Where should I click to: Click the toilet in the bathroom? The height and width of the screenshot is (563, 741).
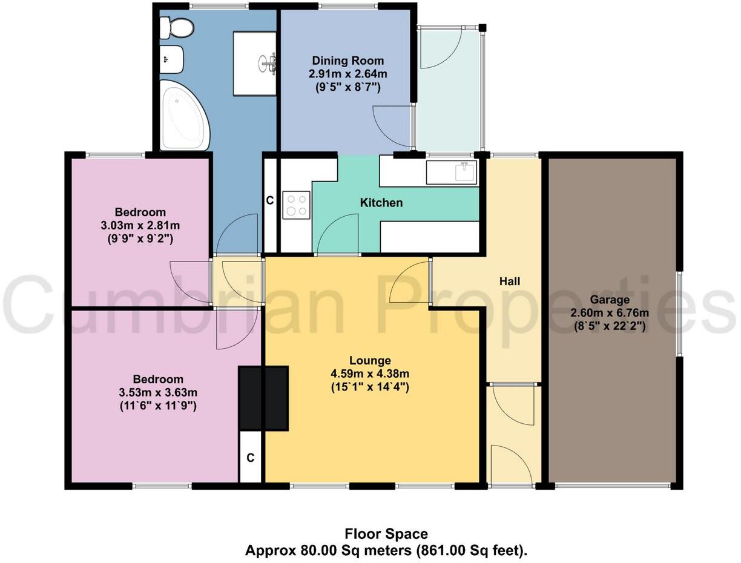pos(176,27)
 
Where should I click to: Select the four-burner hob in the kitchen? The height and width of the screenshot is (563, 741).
pos(296,204)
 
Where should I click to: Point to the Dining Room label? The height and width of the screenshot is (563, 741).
pos(347,61)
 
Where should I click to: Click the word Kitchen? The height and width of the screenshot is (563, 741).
pos(381,203)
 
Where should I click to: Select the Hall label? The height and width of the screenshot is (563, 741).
pos(510,281)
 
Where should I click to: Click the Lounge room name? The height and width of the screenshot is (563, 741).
pos(369,360)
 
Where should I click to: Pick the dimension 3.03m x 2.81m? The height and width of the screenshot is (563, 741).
pos(140,225)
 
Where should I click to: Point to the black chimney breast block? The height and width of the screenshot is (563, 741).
pos(263,398)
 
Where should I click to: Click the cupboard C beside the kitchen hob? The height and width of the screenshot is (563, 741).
pos(270,200)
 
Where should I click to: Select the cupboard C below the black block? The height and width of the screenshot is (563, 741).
pos(250,458)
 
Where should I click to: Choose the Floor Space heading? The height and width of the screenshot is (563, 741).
pos(386,534)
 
